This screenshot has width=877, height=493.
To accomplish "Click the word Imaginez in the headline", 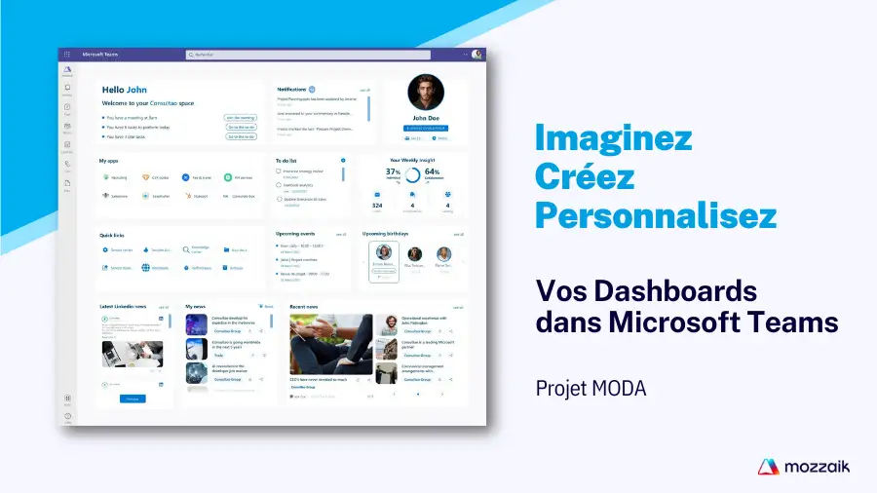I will click(x=613, y=137).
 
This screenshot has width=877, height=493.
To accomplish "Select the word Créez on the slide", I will click(x=584, y=176).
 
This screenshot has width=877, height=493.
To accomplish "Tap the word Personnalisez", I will click(x=656, y=214).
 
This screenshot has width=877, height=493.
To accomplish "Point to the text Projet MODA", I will click(x=591, y=389).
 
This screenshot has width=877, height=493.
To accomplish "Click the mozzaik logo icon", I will click(x=768, y=467).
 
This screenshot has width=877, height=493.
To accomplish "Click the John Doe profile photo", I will click(x=426, y=93).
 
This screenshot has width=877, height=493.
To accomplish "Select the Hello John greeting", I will click(x=125, y=90).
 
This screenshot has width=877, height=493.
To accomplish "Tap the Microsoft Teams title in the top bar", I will click(x=100, y=55).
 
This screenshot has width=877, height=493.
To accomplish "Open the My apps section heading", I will click(x=109, y=161).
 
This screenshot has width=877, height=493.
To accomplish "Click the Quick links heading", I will click(x=112, y=235).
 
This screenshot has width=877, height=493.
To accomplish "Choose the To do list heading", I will click(x=286, y=160).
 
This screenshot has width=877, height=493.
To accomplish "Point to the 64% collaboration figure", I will click(x=432, y=172).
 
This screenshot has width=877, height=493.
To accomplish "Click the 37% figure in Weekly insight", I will click(x=393, y=171).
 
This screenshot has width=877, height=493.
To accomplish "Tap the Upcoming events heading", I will click(x=296, y=234).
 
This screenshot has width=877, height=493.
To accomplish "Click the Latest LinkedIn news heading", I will click(x=123, y=306).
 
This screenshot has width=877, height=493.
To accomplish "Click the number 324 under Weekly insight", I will click(x=377, y=206).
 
